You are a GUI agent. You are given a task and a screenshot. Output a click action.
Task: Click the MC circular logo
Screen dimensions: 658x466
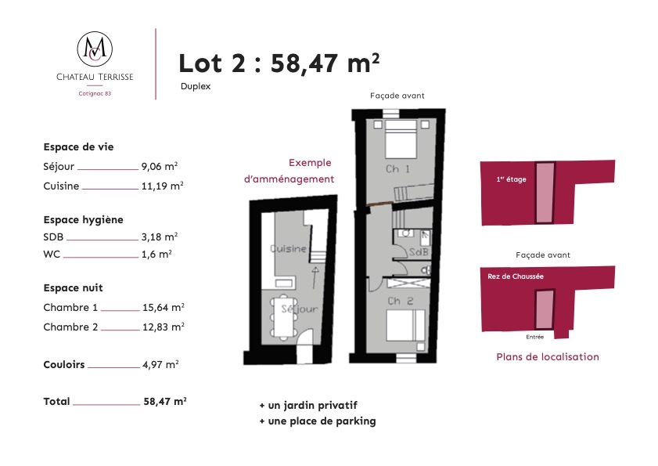click(x=95, y=49)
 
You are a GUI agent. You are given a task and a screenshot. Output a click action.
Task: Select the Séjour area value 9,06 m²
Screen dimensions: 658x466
click(x=160, y=166)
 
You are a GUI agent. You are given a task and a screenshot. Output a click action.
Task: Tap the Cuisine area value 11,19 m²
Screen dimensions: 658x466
click(x=163, y=186)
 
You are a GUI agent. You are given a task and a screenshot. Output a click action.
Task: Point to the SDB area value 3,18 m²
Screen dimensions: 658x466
click(x=160, y=237)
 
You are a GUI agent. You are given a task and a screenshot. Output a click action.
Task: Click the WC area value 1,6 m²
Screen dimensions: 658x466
click(x=156, y=255)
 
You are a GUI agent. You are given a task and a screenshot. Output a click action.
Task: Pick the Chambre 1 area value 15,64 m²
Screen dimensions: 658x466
click(x=164, y=307)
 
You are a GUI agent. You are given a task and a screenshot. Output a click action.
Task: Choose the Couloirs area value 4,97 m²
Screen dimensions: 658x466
click(x=160, y=364)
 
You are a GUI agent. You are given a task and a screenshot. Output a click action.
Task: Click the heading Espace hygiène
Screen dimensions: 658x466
click(x=83, y=220)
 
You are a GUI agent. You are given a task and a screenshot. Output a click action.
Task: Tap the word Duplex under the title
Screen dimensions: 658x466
click(x=196, y=86)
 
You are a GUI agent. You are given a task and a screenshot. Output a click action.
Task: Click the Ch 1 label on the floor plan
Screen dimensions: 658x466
click(x=397, y=169)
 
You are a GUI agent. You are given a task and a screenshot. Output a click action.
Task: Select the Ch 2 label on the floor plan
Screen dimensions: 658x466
click(x=400, y=301)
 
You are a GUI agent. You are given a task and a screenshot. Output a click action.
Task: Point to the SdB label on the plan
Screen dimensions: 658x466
click(x=419, y=251)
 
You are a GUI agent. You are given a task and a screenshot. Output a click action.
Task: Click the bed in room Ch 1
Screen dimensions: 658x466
click(x=401, y=139)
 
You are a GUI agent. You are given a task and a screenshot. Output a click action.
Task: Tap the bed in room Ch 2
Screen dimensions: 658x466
click(x=405, y=325)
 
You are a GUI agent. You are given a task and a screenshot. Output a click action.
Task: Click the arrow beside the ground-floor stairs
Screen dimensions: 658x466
click(x=315, y=277)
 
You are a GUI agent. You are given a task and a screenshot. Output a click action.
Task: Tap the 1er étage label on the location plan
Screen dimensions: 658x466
click(x=511, y=179)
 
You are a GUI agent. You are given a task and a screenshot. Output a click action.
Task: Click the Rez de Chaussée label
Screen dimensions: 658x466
click(x=516, y=276)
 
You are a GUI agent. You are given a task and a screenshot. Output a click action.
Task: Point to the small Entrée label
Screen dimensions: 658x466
click(x=534, y=337)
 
